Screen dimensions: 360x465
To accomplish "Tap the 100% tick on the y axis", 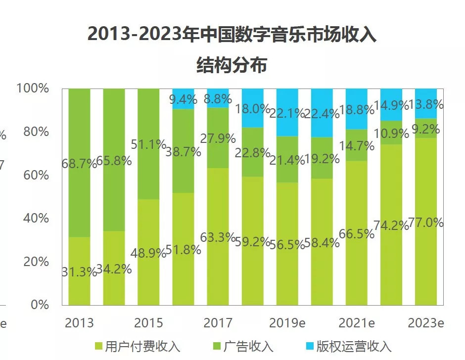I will coord(33,89).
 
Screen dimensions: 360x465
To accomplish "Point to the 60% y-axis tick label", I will coord(36,175).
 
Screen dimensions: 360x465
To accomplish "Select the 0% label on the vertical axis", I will coord(40,305).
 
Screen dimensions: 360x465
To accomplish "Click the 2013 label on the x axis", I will coord(79,323).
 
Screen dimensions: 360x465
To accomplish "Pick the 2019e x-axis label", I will coord(287,323).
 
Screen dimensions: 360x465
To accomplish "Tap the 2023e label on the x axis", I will coord(425,323).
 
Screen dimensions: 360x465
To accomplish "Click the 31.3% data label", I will coord(79,271).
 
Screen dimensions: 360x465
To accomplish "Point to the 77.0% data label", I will coord(426,223).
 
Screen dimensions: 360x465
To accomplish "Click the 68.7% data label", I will coord(79,164).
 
